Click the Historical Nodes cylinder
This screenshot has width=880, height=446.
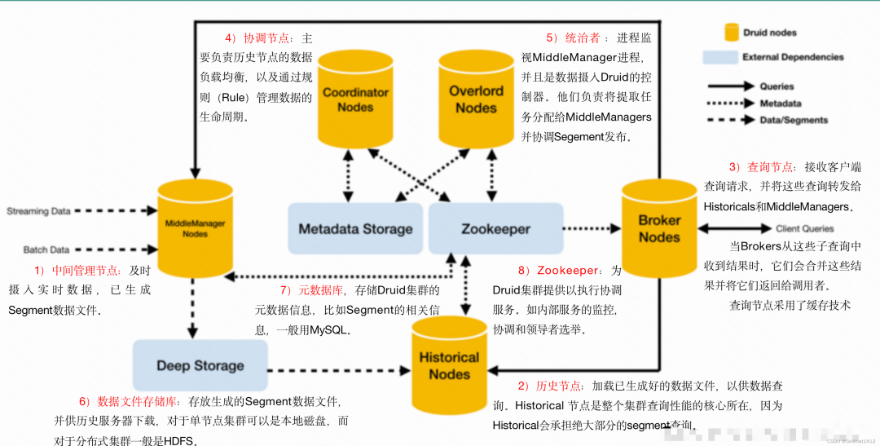pyautogui.click(x=449, y=365)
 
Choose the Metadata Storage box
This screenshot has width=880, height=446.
pyautogui.click(x=355, y=229)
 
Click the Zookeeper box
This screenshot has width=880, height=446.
pyautogui.click(x=495, y=229)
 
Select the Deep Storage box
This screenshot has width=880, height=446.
pyautogui.click(x=200, y=366)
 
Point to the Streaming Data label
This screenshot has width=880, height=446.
pyautogui.click(x=38, y=212)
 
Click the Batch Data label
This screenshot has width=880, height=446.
pyautogui.click(x=46, y=249)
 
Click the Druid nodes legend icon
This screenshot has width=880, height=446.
pyautogui.click(x=732, y=33)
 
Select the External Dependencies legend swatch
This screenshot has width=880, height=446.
pyautogui.click(x=719, y=57)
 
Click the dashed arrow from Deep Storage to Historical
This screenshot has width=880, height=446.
pyautogui.click(x=338, y=372)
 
